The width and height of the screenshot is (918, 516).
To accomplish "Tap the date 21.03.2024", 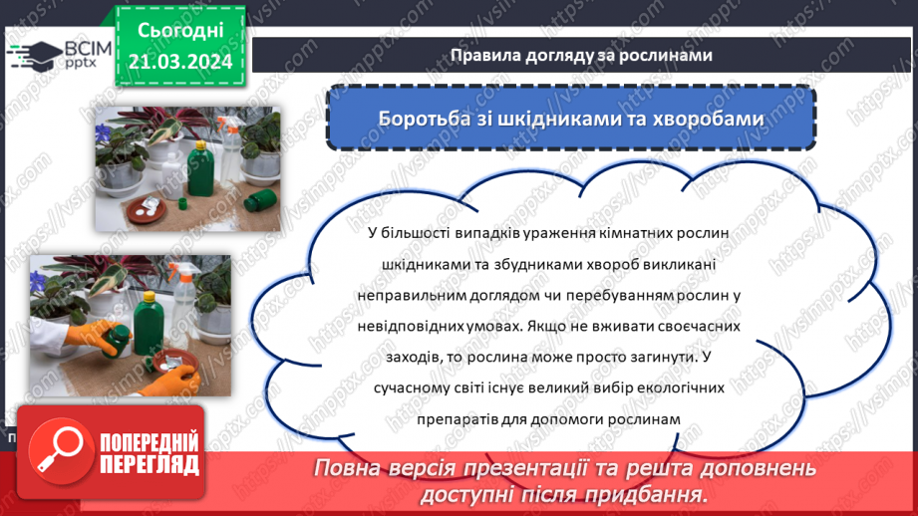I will coord(179,62).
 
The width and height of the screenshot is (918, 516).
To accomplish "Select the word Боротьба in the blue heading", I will coord(420,119).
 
